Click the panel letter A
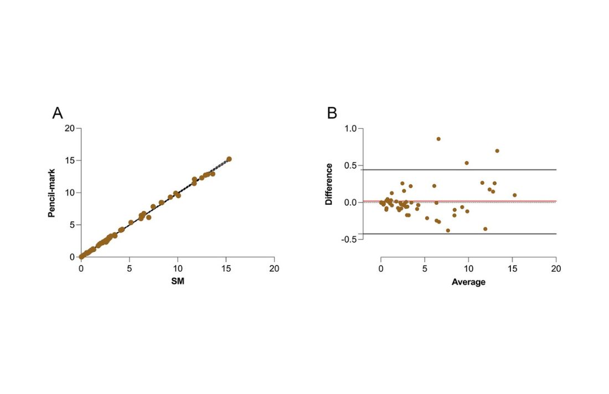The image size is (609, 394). click(58, 113)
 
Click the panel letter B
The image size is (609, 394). click(332, 113)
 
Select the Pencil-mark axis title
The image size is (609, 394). click(52, 193)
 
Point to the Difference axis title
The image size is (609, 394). click(329, 184)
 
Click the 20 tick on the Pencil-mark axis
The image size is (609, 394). click(69, 128)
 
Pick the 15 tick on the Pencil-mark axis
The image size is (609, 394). click(69, 160)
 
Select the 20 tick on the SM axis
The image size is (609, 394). click(274, 268)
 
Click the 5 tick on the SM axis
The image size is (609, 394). click(130, 268)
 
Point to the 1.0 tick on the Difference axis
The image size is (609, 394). click(351, 129)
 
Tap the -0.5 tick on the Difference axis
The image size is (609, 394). click(349, 239)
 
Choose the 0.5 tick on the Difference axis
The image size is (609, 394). click(351, 165)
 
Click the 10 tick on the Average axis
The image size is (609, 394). click(468, 268)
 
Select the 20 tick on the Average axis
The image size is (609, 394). click(556, 268)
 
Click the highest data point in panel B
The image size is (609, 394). click(438, 139)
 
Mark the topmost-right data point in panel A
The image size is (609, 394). click(229, 159)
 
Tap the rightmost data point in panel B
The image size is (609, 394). click(514, 195)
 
